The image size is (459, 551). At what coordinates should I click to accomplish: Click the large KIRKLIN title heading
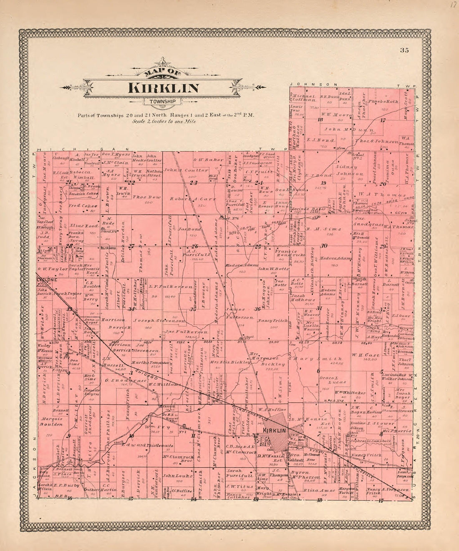[x=163, y=88]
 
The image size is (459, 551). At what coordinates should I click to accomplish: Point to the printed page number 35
[x=404, y=51]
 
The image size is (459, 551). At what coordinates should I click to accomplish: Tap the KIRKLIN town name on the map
[x=274, y=430]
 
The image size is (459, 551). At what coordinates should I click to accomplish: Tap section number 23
[x=193, y=182]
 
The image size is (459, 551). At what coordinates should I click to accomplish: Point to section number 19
[x=323, y=183]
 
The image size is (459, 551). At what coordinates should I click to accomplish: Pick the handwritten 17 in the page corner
[x=454, y=6]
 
